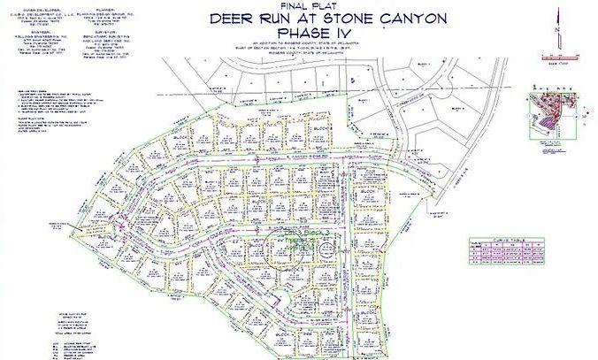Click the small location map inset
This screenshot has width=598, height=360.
553,115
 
